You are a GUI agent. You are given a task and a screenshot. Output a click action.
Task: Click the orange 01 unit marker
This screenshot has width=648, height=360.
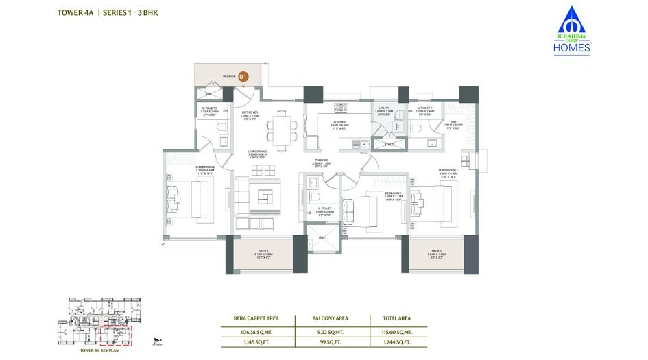243,77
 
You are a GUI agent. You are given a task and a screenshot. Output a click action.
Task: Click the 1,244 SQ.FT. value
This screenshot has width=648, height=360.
397,341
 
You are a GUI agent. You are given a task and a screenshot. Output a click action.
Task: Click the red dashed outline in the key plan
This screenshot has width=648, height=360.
115,335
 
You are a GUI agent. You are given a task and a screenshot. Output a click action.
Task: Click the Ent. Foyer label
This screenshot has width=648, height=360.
248,115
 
